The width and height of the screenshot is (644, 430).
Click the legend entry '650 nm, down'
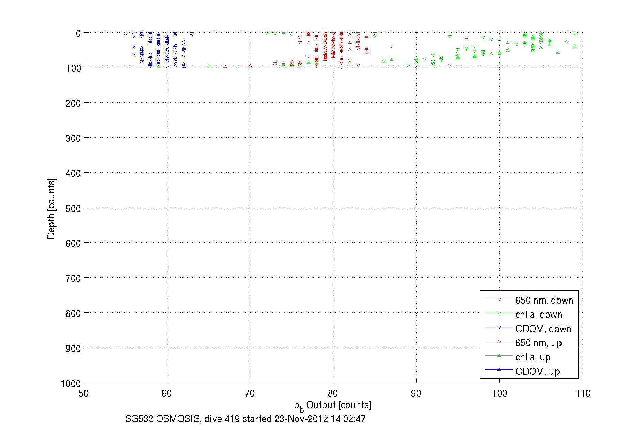click(544, 300)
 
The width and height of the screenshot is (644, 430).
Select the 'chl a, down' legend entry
click(538, 314)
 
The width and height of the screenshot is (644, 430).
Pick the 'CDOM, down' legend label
click(543, 329)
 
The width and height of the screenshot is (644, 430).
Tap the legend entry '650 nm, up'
click(538, 343)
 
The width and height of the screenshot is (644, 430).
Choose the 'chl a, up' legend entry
click(533, 357)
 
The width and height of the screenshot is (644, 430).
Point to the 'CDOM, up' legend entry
click(537, 371)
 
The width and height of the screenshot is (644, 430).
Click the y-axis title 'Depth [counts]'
click(51, 208)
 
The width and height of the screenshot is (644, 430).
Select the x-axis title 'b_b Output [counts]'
click(332, 405)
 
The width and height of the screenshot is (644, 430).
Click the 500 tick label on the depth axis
click(73, 209)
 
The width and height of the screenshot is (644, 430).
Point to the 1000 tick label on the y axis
click(71, 384)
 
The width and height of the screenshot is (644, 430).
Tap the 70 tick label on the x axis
click(250, 394)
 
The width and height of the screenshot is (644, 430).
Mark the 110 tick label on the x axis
click(583, 394)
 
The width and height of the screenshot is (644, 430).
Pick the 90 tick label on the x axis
click(416, 394)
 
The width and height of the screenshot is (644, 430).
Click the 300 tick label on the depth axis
click(73, 138)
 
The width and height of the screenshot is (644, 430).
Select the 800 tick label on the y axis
click(73, 313)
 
